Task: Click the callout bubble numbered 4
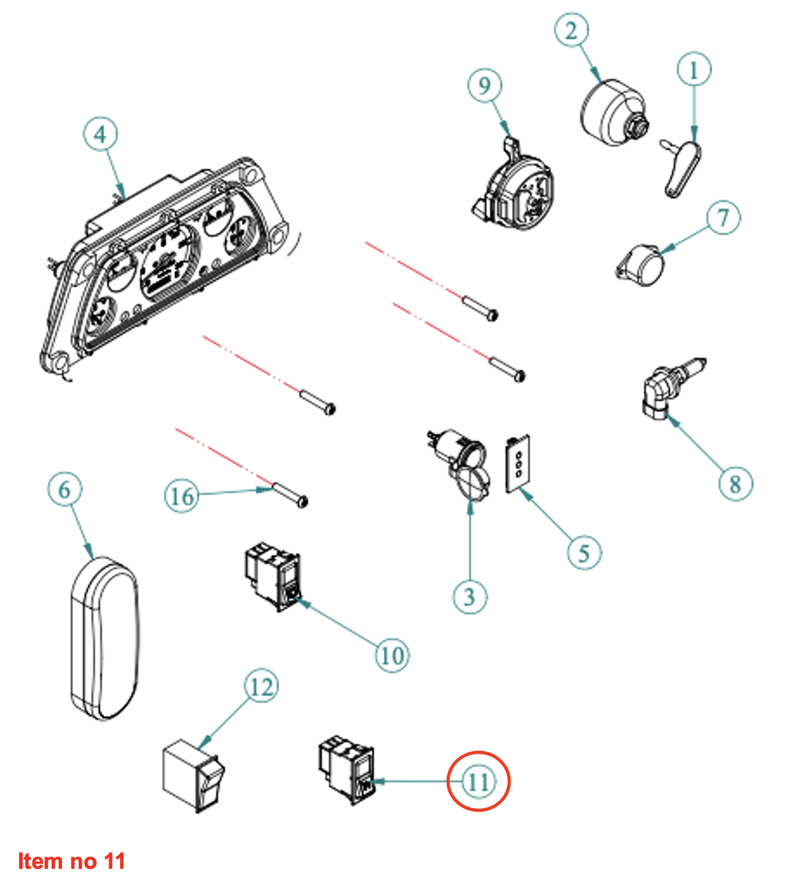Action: point(100,134)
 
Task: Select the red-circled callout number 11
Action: point(478,781)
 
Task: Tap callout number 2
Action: point(571,30)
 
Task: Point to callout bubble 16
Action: point(181,495)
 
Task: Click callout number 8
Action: point(735,484)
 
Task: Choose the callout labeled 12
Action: point(261,687)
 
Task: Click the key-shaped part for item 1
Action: point(682,168)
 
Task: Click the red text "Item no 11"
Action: point(71,861)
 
